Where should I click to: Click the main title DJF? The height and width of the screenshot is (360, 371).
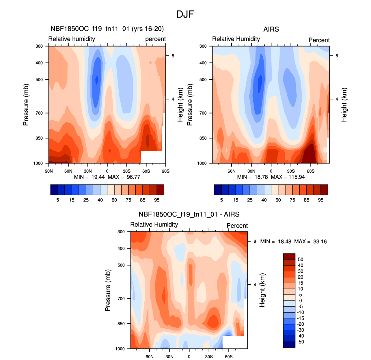[185, 14]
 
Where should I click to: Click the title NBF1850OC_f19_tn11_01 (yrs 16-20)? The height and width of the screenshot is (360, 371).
[107, 29]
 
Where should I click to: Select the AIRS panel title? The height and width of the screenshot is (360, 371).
[271, 29]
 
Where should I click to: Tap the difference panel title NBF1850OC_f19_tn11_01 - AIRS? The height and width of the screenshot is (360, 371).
[189, 214]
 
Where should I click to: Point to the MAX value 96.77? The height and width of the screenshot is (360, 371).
[133, 177]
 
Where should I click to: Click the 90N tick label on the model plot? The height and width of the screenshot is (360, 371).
[49, 171]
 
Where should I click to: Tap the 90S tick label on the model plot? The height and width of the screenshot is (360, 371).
[165, 171]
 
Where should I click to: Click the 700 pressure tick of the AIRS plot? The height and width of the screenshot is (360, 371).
[203, 113]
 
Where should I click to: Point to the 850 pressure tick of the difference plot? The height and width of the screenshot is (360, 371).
[121, 324]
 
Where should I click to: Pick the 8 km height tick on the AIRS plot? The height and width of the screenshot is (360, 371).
[337, 56]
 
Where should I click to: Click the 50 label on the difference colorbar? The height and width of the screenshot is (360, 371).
[301, 260]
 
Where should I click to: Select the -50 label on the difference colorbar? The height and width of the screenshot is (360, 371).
[301, 342]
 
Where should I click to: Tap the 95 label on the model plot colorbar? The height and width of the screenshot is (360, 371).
[157, 200]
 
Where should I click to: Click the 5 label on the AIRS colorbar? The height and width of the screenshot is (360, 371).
[221, 200]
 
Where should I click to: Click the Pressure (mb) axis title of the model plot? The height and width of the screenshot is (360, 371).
[26, 105]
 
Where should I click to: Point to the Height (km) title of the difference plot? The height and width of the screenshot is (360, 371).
[262, 290]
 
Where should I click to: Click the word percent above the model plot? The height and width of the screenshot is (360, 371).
[155, 39]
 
